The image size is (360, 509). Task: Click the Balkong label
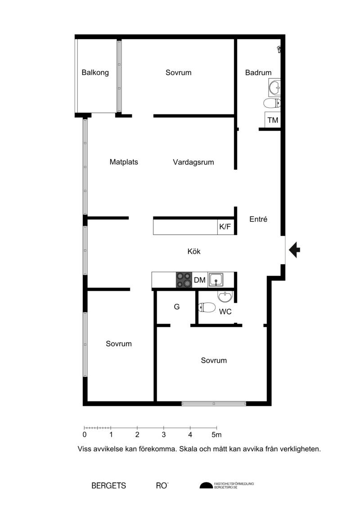[x=95, y=72]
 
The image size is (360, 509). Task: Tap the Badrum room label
[x=258, y=72]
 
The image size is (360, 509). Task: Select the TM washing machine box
[x=273, y=120]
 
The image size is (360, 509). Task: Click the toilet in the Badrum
[x=272, y=104]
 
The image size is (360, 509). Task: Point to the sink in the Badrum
[x=274, y=87]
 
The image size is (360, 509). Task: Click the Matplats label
[x=124, y=162]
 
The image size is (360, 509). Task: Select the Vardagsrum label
[x=193, y=162]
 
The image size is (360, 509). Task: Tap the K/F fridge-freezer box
[x=225, y=226]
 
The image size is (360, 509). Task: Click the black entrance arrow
[x=294, y=250]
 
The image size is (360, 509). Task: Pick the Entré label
[x=258, y=219]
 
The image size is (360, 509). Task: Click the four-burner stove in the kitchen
[x=184, y=280]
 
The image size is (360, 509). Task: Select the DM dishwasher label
[x=200, y=280]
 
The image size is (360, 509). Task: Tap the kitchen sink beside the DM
[x=216, y=280]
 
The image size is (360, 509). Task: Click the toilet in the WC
[x=207, y=307]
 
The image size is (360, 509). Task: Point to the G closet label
[x=176, y=307]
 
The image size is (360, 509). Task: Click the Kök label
[x=194, y=251]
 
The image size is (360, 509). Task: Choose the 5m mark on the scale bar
[x=216, y=435]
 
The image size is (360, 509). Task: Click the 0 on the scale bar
[x=85, y=435]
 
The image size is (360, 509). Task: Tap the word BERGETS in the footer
[x=109, y=486]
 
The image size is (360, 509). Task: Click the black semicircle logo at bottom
[x=206, y=486]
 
